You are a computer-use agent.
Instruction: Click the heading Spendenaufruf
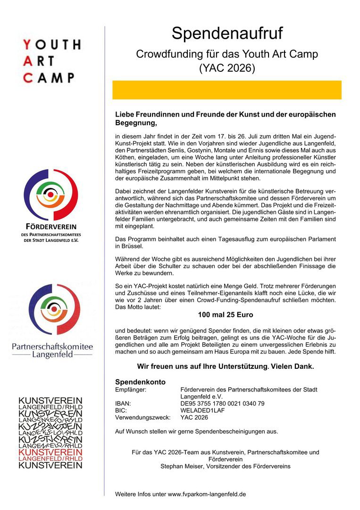pos(227,34)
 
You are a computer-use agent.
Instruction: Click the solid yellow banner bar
pos(227,90)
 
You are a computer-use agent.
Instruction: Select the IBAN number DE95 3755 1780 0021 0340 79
pos(223,403)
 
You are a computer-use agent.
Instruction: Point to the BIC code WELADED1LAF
pos(203,410)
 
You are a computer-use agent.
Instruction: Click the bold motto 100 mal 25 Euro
pos(226,314)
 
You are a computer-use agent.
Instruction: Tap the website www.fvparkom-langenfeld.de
pos(207,494)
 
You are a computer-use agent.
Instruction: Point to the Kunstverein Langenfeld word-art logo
pos(50,432)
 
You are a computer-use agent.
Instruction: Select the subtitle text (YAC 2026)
pos(227,68)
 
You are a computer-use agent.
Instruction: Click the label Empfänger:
pos(131,390)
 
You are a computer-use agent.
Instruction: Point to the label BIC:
pos(121,410)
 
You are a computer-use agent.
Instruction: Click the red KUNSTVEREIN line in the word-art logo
pos(50,452)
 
